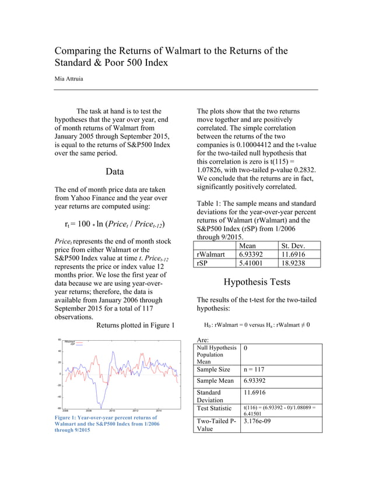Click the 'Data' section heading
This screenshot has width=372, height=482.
click(114, 172)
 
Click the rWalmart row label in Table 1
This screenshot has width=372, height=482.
click(212, 255)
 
